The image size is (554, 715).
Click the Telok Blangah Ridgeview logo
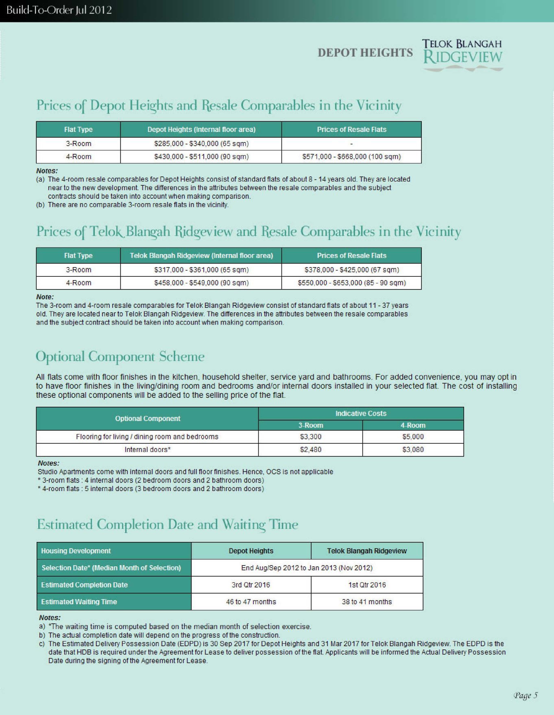coord(462,55)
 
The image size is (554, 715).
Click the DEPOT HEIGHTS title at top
coord(365,53)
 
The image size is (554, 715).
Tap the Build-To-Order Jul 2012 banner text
coord(59,10)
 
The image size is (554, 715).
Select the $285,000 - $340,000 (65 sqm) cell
coord(201,144)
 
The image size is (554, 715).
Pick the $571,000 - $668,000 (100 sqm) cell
coord(351,157)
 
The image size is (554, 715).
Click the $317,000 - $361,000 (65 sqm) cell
coord(201,270)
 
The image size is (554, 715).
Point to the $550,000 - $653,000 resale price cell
coord(351,283)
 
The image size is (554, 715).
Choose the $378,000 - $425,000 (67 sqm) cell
coord(351,270)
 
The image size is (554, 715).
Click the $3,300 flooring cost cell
coord(310,437)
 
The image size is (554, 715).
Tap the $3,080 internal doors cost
coord(413,450)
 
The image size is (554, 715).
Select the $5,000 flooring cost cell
coord(413,437)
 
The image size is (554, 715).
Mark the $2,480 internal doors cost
coord(310,450)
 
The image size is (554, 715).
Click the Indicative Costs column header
coord(361,414)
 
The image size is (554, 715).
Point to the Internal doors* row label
coord(147,450)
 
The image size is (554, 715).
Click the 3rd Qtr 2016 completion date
coord(251,585)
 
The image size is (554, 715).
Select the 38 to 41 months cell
coord(366,602)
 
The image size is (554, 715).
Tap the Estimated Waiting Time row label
coord(79,602)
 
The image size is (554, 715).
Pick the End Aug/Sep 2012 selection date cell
coord(307,568)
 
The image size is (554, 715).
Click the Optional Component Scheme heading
coord(120,357)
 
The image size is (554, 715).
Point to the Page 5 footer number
coord(526,695)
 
